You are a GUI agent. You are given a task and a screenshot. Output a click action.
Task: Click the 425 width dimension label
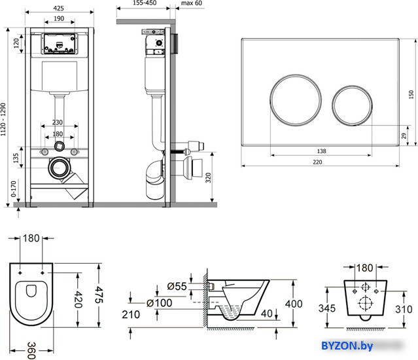[58, 9]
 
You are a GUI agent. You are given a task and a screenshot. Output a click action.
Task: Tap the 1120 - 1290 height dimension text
[3, 120]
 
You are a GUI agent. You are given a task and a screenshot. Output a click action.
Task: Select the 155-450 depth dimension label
[145, 3]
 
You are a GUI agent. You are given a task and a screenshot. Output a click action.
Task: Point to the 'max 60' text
[192, 3]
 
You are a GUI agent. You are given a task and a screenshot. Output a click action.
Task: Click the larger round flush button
[296, 99]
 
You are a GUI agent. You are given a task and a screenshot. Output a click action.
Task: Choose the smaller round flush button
[352, 105]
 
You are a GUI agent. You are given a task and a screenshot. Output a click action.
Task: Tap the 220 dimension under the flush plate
[317, 162]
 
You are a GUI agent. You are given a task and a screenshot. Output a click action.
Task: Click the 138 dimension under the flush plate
[321, 151]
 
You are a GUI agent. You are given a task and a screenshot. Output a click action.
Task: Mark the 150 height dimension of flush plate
[411, 95]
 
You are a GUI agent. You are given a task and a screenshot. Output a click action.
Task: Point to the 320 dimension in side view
[208, 177]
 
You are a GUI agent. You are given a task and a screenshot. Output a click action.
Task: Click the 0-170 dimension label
[13, 189]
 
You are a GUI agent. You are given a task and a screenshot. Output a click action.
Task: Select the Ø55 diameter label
[177, 287]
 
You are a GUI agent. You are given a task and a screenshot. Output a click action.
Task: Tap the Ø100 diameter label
[160, 303]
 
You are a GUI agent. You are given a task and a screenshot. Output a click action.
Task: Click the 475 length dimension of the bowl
[99, 295]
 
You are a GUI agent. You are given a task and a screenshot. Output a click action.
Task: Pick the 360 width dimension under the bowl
[31, 350]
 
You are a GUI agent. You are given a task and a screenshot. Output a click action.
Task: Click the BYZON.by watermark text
[347, 346]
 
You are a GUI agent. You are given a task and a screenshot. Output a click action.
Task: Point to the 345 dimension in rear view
[327, 308]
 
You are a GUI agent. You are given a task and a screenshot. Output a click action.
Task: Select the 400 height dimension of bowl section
[294, 304]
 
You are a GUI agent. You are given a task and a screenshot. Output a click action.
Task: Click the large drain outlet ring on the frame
[59, 168]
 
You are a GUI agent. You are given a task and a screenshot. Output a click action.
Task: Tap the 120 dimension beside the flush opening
[16, 43]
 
